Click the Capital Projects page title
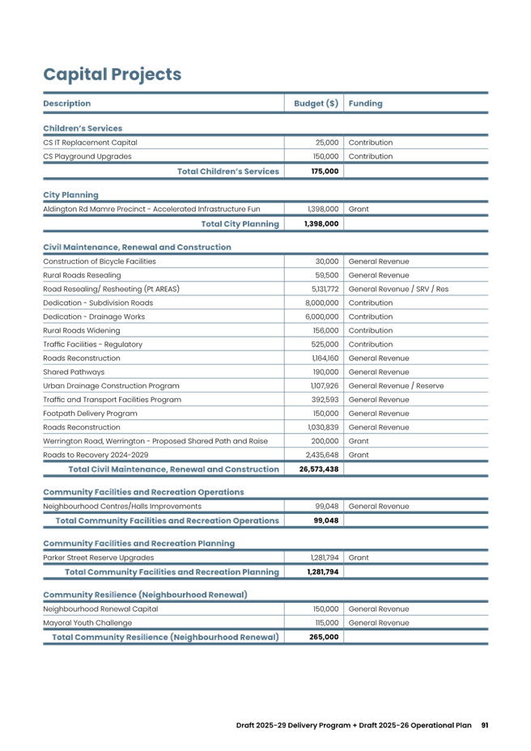coord(112,74)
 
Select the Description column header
coord(66,104)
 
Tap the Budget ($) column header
coord(315,104)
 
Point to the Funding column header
coord(365,104)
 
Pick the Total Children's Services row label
coord(228,172)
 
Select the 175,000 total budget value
coord(325,172)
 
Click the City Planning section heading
coord(70,195)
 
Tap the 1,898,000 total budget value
coord(321,224)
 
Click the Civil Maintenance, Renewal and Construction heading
coord(137,247)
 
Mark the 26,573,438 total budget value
coord(319,469)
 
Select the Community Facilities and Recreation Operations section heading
coord(143,492)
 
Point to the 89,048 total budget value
coord(326,520)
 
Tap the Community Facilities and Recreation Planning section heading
coord(139,544)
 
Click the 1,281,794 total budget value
coord(322,572)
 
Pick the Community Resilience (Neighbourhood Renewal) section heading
coord(145,595)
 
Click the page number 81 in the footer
coord(484,725)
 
